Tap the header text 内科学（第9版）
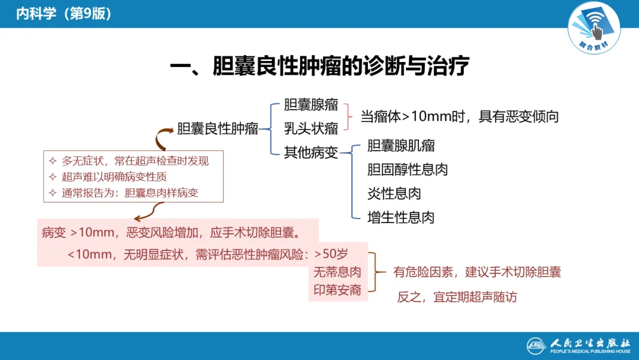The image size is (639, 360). pyautogui.click(x=64, y=14)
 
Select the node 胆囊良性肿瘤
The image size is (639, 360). pyautogui.click(x=218, y=128)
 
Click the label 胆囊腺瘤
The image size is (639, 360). pyautogui.click(x=311, y=105)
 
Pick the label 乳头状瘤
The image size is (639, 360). pyautogui.click(x=311, y=128)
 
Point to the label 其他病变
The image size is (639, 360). pyautogui.click(x=311, y=152)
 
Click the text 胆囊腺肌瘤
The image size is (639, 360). pyautogui.click(x=401, y=146)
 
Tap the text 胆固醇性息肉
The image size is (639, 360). pyautogui.click(x=407, y=169)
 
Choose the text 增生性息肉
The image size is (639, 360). pyautogui.click(x=401, y=217)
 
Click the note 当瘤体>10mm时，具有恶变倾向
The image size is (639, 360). pyautogui.click(x=460, y=117)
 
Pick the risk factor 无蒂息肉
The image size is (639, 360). pyautogui.click(x=337, y=272)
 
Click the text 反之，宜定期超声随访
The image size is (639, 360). pyautogui.click(x=456, y=297)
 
